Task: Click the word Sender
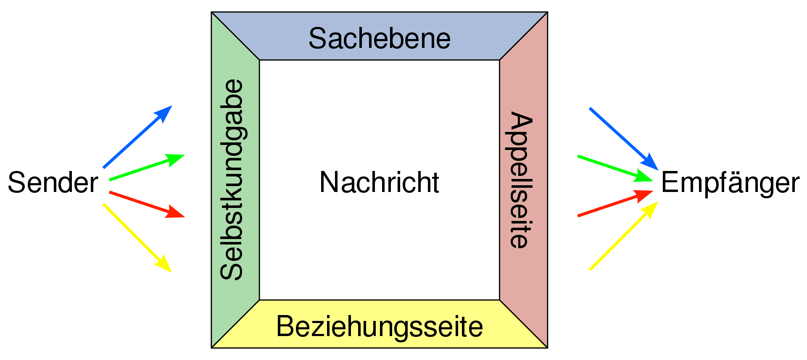[53, 183]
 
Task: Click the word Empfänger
[731, 183]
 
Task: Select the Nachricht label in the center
[380, 182]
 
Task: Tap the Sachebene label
[380, 38]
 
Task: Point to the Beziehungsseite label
[380, 326]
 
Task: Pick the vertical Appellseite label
[520, 180]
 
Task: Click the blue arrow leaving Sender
[137, 137]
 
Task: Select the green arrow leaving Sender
[147, 167]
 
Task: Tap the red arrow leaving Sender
[147, 205]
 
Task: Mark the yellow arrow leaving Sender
[137, 238]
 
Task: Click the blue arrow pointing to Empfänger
[624, 139]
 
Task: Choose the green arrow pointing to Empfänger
[615, 168]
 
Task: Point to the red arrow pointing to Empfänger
[615, 203]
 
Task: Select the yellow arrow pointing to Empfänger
[624, 236]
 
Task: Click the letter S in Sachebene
[317, 38]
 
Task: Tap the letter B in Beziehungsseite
[285, 326]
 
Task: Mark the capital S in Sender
[17, 183]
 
